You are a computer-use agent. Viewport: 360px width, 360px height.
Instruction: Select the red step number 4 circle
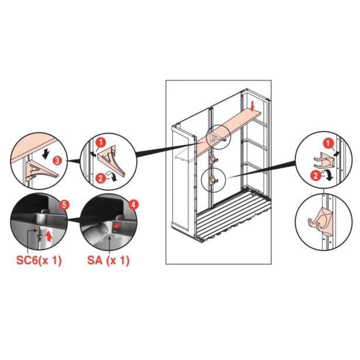(x=133, y=205)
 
